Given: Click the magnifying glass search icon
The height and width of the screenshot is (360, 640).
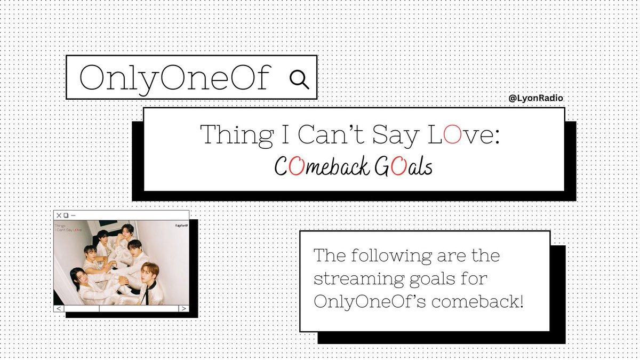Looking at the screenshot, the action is pos(299,79).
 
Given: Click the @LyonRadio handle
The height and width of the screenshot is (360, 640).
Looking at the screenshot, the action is pos(535,98).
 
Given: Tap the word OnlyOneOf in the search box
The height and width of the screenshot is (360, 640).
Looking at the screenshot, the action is pos(175,78).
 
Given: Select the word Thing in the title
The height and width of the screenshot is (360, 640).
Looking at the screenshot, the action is pos(237,135).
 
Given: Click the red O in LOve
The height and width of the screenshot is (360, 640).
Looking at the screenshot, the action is pos(452,134).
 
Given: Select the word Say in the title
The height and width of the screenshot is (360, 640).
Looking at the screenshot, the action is pos(396,135).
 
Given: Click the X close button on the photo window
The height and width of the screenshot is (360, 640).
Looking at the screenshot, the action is pos(59,215).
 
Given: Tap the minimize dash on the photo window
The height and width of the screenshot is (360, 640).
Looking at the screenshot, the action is pos(73,215).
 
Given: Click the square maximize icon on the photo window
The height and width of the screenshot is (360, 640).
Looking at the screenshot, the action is pos(66,215).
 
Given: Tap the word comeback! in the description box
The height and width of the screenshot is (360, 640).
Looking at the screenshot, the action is pos(477,301).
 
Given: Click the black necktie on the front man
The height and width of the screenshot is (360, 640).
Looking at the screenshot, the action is pos(147,295).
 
